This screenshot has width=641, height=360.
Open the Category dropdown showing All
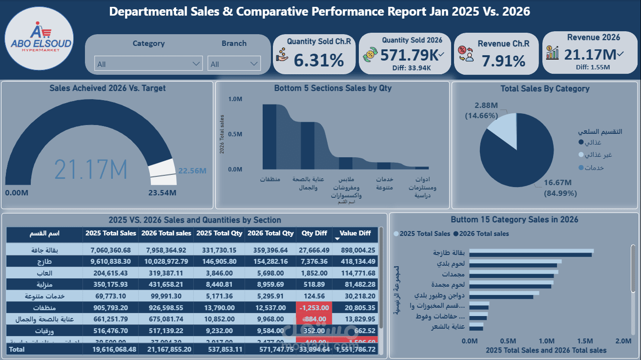coord(148,64)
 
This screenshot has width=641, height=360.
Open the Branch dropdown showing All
coord(234,64)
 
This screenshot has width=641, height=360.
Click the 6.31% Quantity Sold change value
coord(319,60)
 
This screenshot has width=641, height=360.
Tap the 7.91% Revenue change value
coord(503,61)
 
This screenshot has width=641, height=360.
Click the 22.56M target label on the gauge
coord(192,171)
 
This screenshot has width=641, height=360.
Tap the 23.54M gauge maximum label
coord(162,192)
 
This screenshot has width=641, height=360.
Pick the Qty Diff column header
coord(314,233)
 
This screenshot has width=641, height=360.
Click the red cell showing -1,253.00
coord(314,308)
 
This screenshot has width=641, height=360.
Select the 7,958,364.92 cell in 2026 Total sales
coord(166,250)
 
